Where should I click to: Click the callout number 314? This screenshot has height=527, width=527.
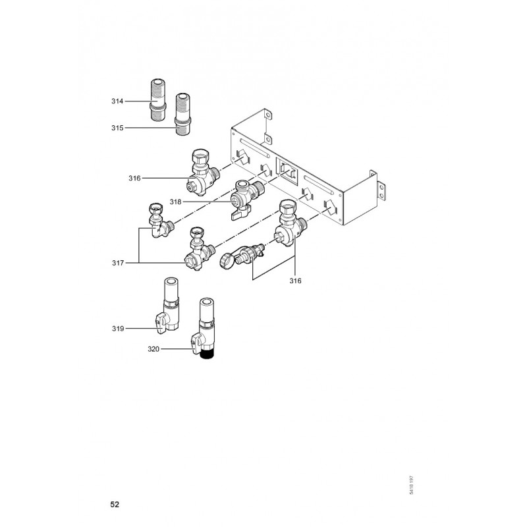click(x=117, y=101)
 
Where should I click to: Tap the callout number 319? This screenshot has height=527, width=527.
click(x=117, y=327)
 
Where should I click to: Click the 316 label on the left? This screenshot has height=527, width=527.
click(x=135, y=178)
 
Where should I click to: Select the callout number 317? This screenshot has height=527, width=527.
click(x=117, y=263)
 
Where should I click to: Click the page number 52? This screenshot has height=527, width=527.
click(x=115, y=505)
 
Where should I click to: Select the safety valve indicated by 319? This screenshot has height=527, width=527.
click(x=169, y=305)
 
